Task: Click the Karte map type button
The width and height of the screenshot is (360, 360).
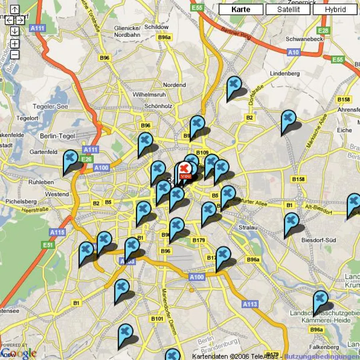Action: click(241, 10)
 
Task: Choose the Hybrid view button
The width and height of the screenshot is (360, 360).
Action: click(335, 10)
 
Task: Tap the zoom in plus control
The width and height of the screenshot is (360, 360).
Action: click(15, 44)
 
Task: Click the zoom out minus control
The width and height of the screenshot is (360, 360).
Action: click(15, 55)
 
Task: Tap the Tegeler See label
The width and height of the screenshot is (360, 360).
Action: click(50, 106)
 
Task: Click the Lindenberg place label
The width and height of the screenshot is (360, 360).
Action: click(285, 74)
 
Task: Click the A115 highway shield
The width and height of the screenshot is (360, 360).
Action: click(58, 232)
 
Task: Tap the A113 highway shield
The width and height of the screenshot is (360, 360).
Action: click(250, 304)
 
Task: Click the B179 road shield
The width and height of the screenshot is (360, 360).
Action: click(198, 240)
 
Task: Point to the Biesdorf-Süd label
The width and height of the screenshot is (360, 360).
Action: click(319, 240)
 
